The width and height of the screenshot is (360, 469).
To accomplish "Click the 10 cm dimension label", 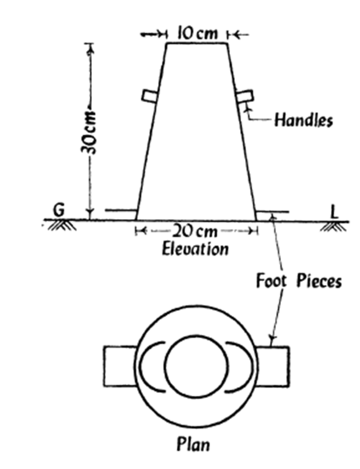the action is tap(196, 33).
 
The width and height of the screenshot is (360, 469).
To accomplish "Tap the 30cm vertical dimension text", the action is tap(88, 132).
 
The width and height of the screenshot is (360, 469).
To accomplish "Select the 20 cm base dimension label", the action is tap(196, 231).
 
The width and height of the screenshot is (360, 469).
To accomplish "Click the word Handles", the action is tap(303, 120).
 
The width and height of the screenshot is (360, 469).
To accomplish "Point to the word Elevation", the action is tap(195, 248).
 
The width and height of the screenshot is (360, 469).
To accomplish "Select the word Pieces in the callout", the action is tap(319, 281).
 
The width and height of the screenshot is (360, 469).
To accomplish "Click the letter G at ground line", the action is tap(59, 210).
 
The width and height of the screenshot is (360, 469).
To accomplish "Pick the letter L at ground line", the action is tap(335, 211).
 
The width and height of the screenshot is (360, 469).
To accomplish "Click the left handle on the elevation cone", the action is tap(149, 96).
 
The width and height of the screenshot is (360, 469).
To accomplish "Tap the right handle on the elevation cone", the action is tap(245, 96).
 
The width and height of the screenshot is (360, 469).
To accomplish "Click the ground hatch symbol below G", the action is tap(62, 225).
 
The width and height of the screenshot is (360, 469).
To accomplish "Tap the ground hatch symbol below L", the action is tap(334, 226).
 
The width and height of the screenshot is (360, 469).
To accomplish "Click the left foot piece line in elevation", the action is tap(121, 210).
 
